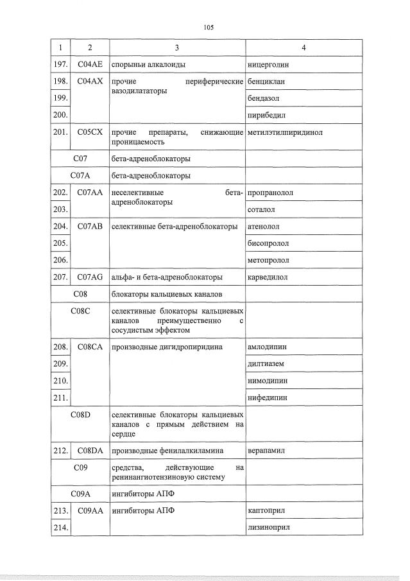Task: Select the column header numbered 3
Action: coord(177,48)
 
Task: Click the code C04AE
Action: coord(90,65)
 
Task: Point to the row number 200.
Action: coord(60,116)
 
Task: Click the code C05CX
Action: coord(90,133)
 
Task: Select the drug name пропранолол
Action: coord(270,193)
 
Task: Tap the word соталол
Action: coord(261,210)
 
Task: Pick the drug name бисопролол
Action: coord(268,244)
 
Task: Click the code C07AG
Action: coord(90,277)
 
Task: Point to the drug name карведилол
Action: coord(268,277)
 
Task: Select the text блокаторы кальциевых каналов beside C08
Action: coord(167,295)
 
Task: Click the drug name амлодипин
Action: coord(267,347)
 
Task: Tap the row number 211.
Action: coord(60,398)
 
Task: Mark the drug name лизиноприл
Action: coord(269,527)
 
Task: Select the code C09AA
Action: coord(90,510)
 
